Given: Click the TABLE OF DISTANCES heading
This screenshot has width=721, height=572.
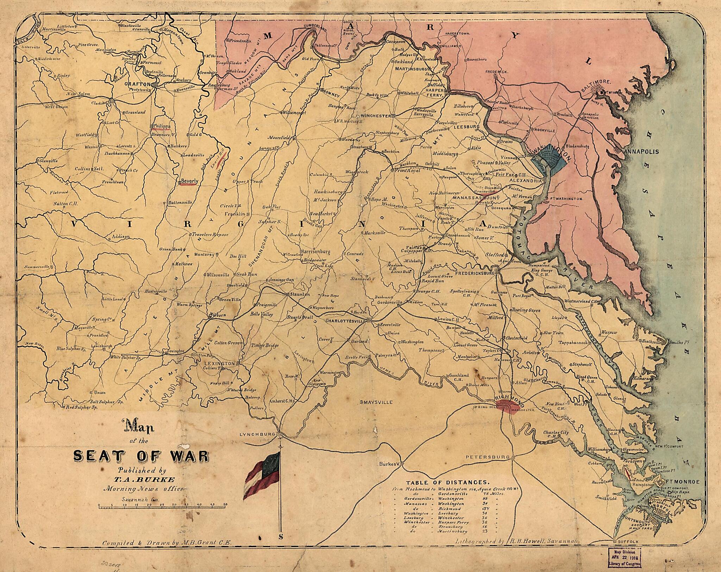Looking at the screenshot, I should pos(447,482).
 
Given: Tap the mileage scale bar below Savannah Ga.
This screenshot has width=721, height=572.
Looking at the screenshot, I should pos(162,508).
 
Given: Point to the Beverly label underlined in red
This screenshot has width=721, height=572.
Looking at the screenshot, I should pos(189,181).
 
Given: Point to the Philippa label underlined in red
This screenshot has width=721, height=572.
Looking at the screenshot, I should pos(162,126).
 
